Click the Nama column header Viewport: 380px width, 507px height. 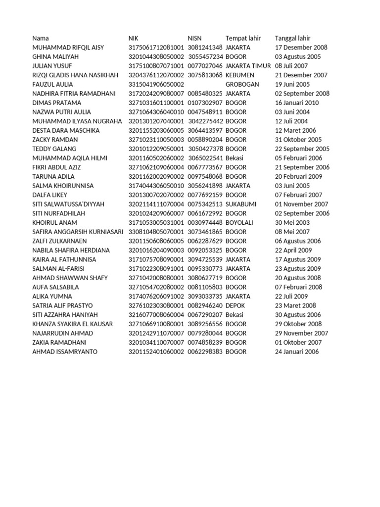(41, 38)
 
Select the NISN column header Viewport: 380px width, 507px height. (194, 38)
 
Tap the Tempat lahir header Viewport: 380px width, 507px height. (243, 38)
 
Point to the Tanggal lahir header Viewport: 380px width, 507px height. (292, 38)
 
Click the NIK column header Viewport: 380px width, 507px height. (133, 38)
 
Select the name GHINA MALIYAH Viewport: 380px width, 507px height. (55, 57)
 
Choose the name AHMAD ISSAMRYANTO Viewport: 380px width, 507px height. (65, 352)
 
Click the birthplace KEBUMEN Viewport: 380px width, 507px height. (239, 75)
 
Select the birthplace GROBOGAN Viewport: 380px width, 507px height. (242, 85)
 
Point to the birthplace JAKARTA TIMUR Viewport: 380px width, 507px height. (248, 66)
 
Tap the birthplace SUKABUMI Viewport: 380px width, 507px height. (240, 204)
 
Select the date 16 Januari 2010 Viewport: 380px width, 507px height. (297, 103)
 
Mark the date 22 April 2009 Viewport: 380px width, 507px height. (293, 250)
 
